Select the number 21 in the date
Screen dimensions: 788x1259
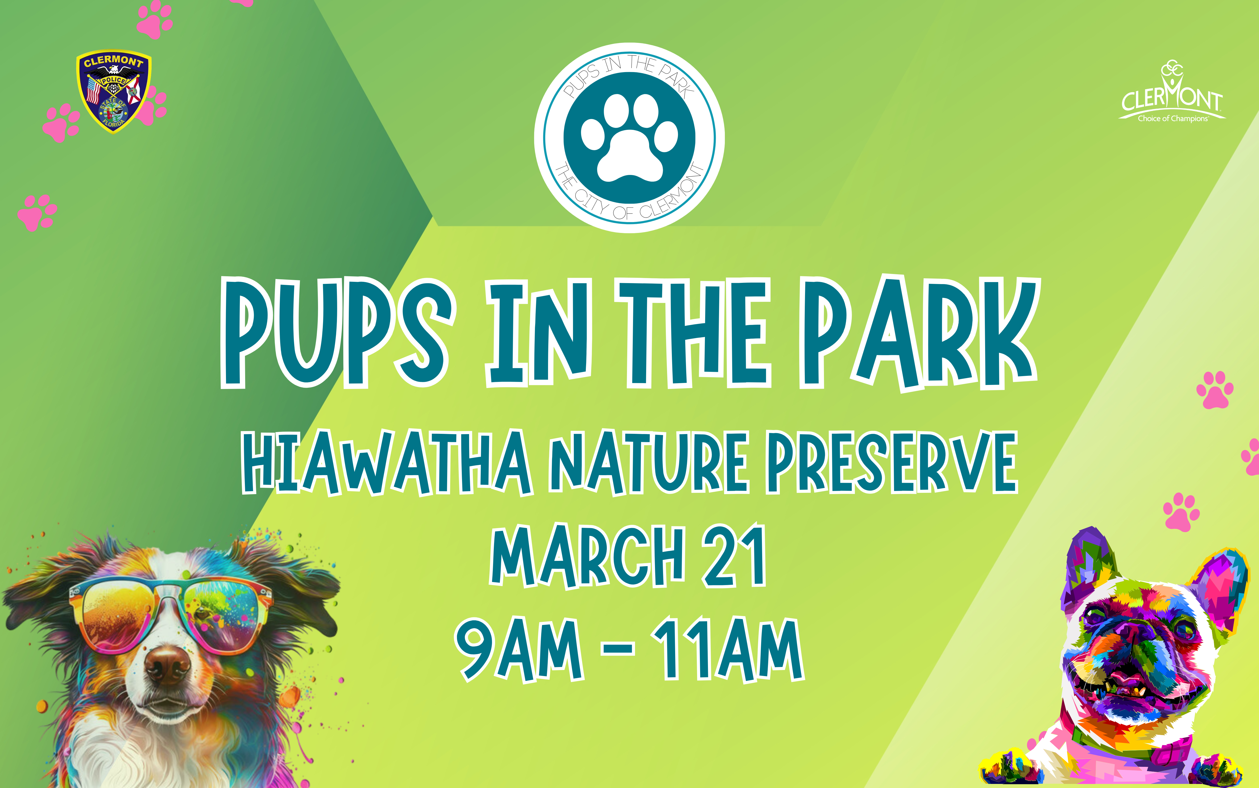coord(734,557)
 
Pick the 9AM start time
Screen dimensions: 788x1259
coord(519,650)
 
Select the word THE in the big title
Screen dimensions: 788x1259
coord(693,334)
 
